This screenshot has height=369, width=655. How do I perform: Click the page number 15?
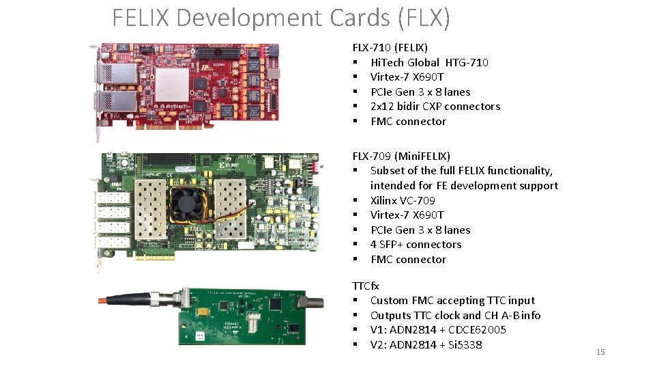(x=600, y=352)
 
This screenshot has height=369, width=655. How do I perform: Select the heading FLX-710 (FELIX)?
(x=390, y=47)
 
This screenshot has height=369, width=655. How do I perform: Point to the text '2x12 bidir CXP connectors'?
(x=435, y=106)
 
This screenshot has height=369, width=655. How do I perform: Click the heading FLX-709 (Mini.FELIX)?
(x=401, y=156)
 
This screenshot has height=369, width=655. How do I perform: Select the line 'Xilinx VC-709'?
(x=403, y=200)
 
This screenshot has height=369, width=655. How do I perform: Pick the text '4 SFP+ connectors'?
(x=416, y=244)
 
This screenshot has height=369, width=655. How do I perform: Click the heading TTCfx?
(x=366, y=286)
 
